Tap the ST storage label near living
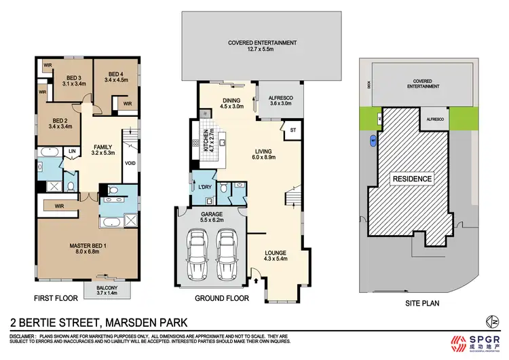coord(293,129)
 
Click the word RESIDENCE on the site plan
coord(411,179)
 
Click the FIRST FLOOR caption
coord(55,298)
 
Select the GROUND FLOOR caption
coord(222,298)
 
